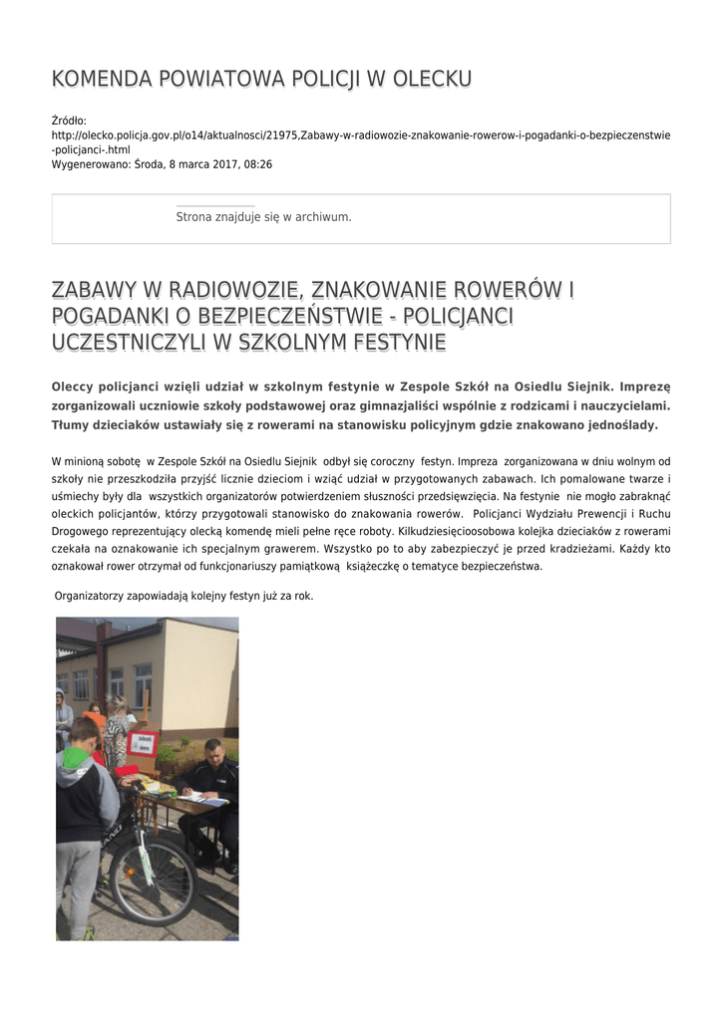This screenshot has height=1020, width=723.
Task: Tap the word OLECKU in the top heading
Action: click(428, 80)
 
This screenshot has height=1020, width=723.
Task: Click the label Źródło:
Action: click(69, 121)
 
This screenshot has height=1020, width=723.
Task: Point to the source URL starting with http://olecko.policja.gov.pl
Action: click(360, 134)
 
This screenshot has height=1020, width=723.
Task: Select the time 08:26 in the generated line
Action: click(258, 163)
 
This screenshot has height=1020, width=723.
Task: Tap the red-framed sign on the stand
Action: click(142, 743)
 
